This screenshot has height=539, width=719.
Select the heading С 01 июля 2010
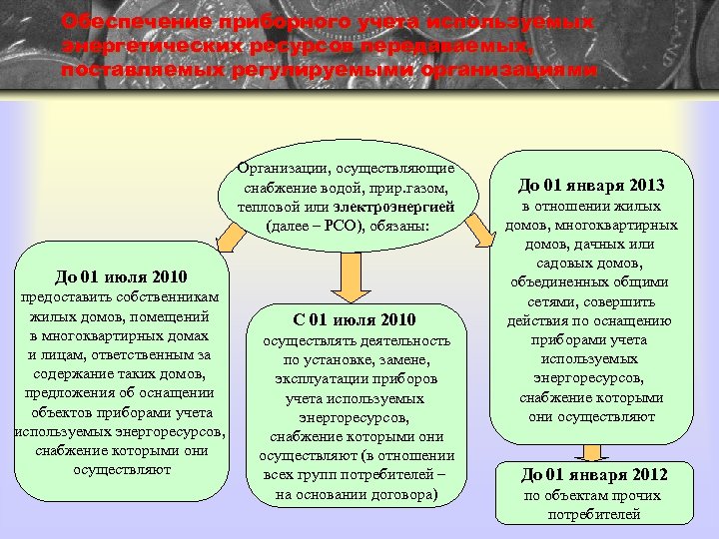click(x=355, y=319)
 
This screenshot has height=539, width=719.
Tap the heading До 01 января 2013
click(x=591, y=185)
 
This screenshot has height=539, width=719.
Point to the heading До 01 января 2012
click(x=593, y=474)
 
